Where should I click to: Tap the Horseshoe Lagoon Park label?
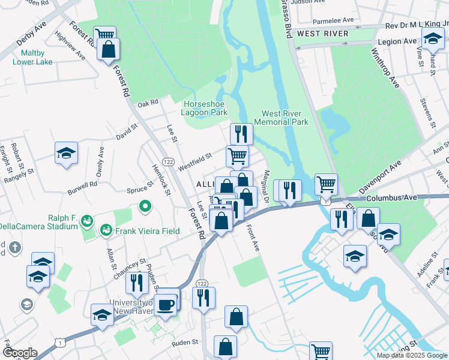205,108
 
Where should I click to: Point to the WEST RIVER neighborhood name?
322,34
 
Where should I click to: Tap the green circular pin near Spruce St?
144,208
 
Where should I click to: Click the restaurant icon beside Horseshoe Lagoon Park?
241,133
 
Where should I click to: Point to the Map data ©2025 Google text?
412,355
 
